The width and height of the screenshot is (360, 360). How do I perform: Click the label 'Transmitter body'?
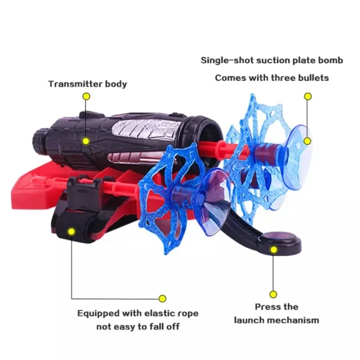pos(88,84)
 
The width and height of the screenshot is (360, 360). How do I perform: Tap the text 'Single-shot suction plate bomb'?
pos(272,60)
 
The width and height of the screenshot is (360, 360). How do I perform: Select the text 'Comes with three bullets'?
pos(272,78)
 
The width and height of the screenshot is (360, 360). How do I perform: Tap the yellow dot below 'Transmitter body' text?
pos(87,96)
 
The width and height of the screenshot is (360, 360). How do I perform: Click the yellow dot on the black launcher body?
pos(86,141)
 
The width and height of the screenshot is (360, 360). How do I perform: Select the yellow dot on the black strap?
pos(72,231)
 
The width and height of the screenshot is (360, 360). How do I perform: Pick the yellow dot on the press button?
pos(274,250)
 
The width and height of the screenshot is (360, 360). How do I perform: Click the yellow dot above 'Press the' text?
pos(273,294)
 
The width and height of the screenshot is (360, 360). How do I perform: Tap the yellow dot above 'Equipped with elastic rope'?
pos(163,298)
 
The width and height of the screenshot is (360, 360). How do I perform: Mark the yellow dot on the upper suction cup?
pos(307,141)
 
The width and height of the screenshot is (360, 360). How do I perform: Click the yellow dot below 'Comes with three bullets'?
pos(307,96)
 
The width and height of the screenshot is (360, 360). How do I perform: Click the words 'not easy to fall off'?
pos(138,327)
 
